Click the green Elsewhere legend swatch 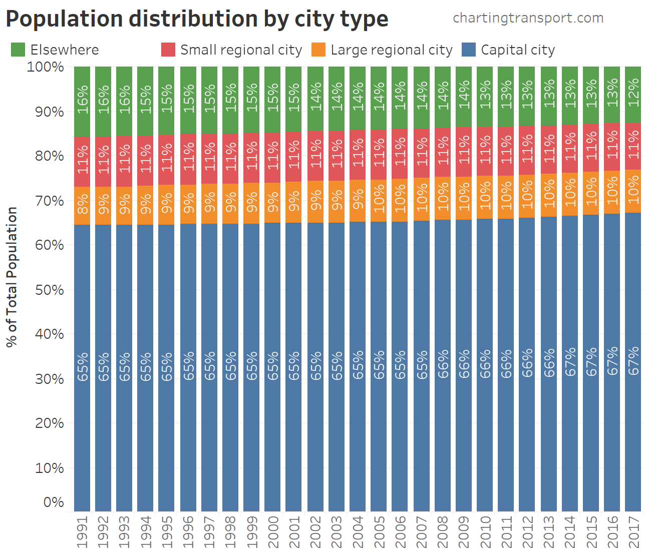[18, 50]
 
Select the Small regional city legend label [241, 50]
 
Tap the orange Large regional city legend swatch [318, 50]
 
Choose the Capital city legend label [518, 50]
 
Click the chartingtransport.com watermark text [528, 18]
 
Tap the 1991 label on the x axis [83, 532]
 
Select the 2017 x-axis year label [633, 532]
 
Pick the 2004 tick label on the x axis [358, 532]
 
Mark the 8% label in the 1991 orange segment [83, 206]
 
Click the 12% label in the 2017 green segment [633, 92]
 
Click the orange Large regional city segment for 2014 [570, 194]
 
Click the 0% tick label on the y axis [54, 502]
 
